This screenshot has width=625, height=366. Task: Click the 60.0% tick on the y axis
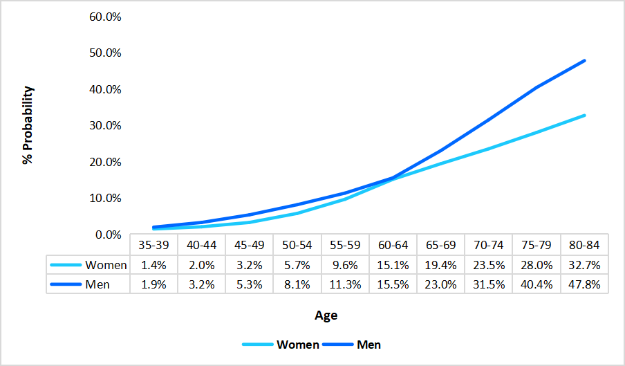point(105,17)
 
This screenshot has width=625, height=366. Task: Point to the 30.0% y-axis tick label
point(105,125)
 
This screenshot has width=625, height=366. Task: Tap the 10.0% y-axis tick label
point(105,198)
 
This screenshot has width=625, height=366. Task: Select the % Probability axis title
point(28,125)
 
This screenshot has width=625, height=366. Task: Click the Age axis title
point(326,315)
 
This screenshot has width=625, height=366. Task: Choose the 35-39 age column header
point(153,245)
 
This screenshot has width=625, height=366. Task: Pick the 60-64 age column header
point(393,245)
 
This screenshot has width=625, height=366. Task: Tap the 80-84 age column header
point(584,245)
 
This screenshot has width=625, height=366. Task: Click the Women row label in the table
point(106,265)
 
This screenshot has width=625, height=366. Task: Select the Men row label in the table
point(97,284)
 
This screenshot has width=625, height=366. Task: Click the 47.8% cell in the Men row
point(584,284)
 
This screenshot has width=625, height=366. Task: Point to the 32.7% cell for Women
point(584,265)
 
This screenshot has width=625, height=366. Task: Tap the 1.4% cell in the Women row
point(153,265)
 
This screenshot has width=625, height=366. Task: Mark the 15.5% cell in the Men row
point(393,284)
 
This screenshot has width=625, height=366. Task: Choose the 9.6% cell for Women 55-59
point(345,265)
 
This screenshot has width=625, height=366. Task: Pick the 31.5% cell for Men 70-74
point(489,284)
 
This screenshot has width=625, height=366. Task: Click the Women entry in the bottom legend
point(297,345)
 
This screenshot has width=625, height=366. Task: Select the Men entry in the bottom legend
point(369,345)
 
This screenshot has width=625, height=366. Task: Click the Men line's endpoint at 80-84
point(585,61)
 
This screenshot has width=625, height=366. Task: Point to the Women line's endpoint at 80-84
point(585,116)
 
